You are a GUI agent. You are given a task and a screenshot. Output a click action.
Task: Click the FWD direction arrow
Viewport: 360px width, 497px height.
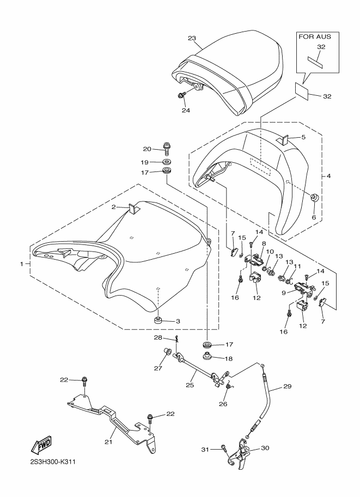point(41,446)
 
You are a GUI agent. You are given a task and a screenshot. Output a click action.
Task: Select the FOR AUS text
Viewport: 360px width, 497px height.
point(315,37)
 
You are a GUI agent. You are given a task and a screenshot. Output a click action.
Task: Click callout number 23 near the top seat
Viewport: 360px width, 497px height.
point(192,38)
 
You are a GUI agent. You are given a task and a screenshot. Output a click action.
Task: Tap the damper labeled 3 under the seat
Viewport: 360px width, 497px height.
point(157,320)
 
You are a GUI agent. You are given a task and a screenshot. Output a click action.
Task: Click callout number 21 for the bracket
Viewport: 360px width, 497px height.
point(109,441)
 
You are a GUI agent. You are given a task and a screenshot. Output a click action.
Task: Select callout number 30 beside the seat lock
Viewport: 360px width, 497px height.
point(265,448)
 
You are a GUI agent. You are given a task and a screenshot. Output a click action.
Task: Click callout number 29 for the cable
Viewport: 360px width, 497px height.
point(287,386)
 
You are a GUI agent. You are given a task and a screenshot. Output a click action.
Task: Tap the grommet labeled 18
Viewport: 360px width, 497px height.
point(208,356)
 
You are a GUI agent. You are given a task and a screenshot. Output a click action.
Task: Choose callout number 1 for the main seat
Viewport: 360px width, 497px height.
point(22,263)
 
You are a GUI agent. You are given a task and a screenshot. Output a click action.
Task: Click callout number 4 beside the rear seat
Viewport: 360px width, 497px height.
point(328,176)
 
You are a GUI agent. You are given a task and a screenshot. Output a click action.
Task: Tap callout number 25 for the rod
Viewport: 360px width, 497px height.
point(190,385)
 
